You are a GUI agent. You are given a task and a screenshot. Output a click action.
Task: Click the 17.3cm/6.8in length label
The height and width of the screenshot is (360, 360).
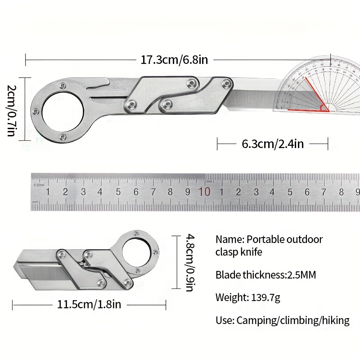(174, 59)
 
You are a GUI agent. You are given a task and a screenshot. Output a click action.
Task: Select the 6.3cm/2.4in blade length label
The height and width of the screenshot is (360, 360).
(273, 144)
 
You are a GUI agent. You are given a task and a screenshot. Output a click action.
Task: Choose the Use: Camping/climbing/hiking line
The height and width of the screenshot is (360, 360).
(283, 320)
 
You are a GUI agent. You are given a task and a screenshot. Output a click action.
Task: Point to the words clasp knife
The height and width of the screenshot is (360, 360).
(239, 252)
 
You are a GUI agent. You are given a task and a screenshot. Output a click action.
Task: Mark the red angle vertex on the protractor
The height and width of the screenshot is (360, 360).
(323, 108)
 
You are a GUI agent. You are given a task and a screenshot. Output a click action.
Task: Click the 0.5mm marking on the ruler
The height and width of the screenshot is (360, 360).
(39, 185)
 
